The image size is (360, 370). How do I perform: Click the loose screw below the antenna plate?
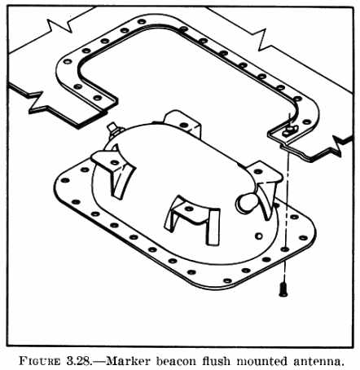coord(283,289)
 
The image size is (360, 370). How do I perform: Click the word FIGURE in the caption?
coord(40,361)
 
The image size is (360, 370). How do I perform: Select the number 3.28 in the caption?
coord(77,361)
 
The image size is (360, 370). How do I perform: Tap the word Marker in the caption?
coord(128,361)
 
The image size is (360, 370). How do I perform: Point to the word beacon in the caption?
coord(176,361)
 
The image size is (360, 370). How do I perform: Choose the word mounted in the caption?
coord(261,361)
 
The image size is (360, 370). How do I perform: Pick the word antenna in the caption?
coord(317,361)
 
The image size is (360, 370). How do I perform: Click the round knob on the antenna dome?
coord(245,203)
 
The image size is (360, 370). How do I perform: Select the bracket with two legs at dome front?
coord(191,218)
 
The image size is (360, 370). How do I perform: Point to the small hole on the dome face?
coord(259,236)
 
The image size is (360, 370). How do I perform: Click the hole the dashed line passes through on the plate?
coord(284,249)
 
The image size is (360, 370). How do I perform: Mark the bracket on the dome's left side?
coord(114,170)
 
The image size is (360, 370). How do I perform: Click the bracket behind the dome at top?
coord(182,123)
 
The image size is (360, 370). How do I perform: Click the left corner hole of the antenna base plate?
coord(65,180)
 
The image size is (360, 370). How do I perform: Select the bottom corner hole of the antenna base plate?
coord(227,280)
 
